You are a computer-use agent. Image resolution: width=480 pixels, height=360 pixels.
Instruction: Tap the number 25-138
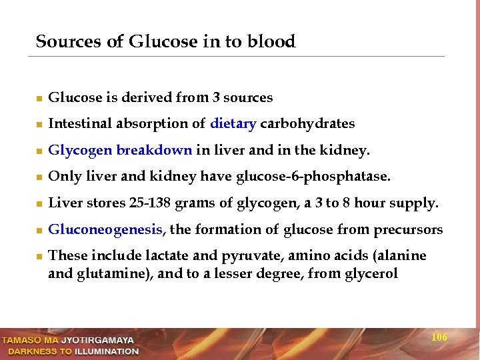point(140,203)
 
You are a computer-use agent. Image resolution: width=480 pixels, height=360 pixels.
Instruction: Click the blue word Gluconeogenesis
point(107,230)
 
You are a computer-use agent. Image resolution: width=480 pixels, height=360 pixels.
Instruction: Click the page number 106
point(439,337)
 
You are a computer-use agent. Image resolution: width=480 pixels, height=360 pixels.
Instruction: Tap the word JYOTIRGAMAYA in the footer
point(101,340)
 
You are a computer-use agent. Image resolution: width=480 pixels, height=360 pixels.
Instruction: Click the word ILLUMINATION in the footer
point(107,351)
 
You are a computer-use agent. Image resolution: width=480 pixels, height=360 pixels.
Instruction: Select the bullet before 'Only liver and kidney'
point(39,178)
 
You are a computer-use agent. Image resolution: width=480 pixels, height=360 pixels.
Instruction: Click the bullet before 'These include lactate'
point(39,257)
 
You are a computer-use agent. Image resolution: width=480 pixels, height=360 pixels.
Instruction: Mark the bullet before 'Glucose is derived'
point(39,99)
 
